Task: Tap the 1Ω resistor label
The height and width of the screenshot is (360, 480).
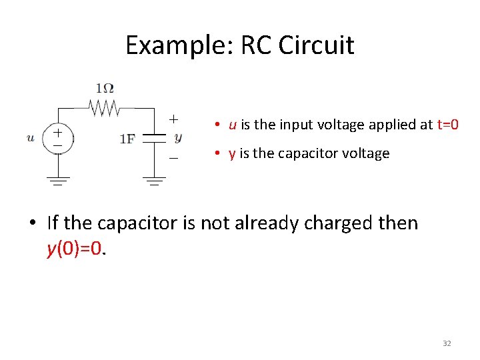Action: (104, 87)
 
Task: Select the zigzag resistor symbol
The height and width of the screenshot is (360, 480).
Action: (103, 107)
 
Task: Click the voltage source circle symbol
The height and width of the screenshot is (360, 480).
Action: (58, 139)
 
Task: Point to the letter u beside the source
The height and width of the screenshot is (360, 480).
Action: (31, 138)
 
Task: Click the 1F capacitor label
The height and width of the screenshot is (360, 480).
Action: (127, 139)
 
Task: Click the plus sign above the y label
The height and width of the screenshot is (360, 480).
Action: (173, 119)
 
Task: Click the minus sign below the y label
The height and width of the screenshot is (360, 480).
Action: (173, 157)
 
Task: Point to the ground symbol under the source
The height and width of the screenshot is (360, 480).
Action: (58, 180)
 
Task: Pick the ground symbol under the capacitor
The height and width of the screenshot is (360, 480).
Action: (155, 180)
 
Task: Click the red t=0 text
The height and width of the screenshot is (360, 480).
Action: (447, 125)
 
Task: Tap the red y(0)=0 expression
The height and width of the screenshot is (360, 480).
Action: (75, 249)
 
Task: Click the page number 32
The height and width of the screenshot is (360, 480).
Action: (447, 343)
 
